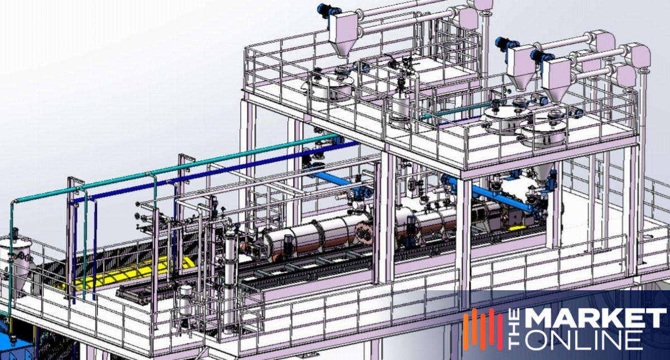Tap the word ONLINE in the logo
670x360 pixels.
(584, 340)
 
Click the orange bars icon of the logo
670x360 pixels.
(483, 329)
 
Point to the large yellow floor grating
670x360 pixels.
(119, 273)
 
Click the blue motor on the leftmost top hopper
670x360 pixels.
(325, 12)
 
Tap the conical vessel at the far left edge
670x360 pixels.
(16, 263)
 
